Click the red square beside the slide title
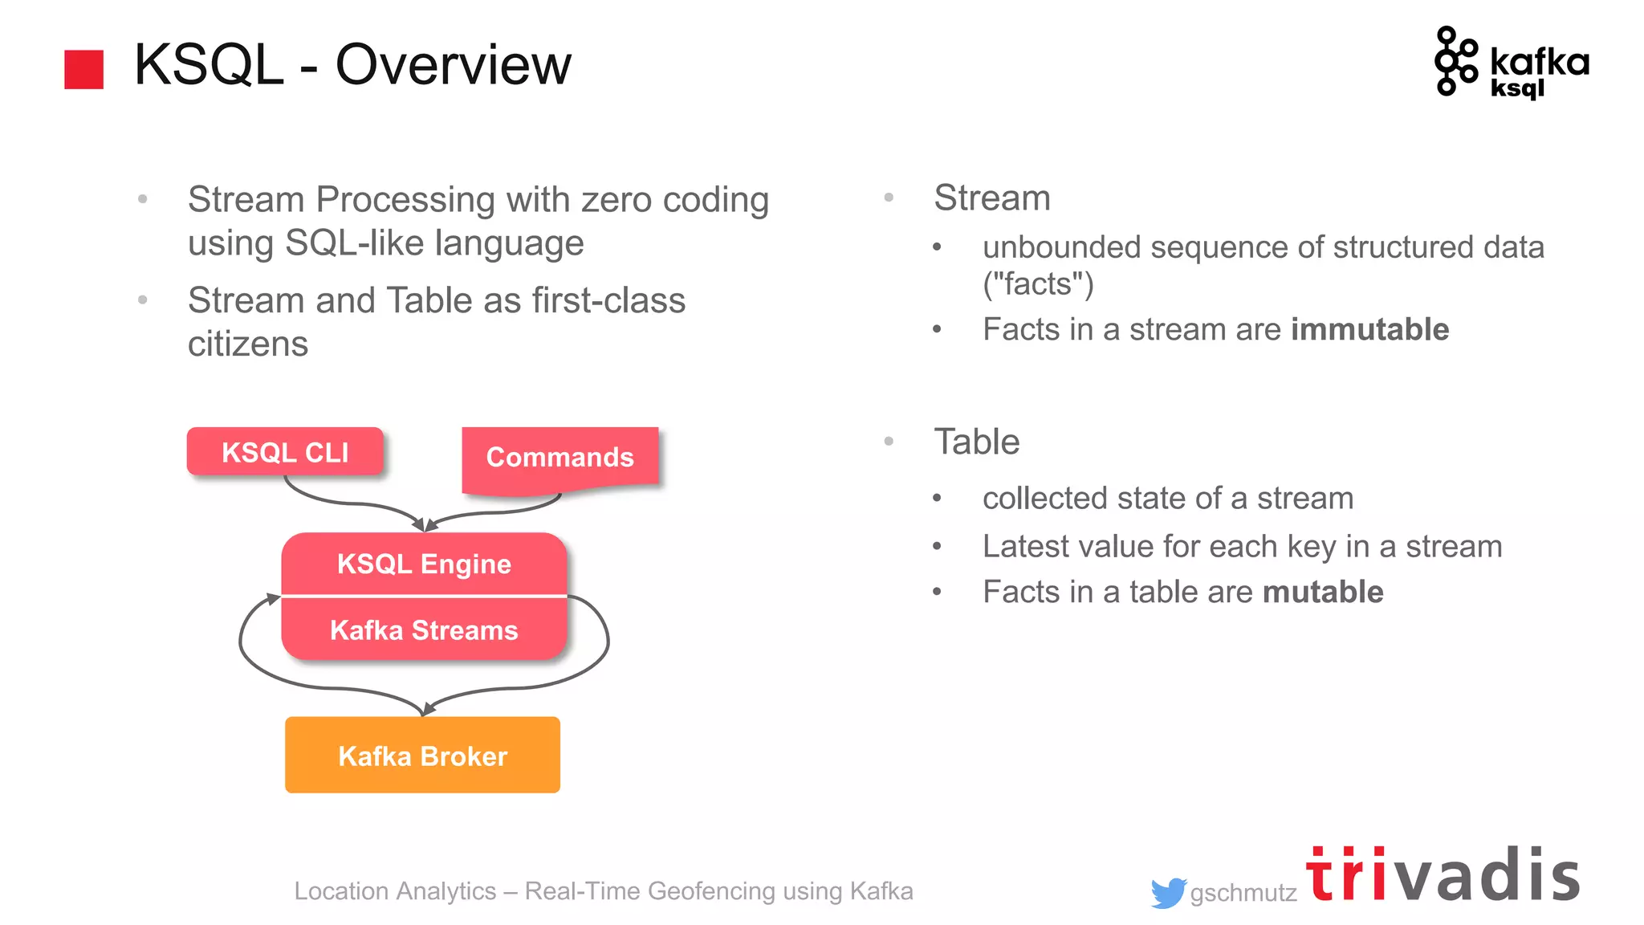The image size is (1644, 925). tap(83, 69)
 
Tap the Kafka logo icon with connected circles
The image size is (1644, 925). tap(1455, 61)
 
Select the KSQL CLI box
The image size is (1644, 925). tap(285, 452)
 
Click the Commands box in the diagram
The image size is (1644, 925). tap(560, 458)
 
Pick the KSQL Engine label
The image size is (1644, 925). tap(424, 564)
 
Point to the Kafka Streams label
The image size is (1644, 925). tap(424, 630)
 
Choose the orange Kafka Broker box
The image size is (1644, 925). tap(422, 756)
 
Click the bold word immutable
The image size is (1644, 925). tap(1369, 329)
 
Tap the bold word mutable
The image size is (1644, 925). tap(1323, 592)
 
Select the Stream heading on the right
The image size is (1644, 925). tap(992, 198)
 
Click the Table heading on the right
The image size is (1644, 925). tap(977, 442)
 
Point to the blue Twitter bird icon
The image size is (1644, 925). tap(1167, 893)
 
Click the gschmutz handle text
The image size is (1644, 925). tap(1243, 893)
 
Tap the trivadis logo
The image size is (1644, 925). tap(1443, 875)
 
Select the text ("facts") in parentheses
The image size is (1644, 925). tap(1038, 284)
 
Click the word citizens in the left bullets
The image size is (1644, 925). tap(248, 344)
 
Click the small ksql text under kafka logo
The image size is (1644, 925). tap(1517, 88)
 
